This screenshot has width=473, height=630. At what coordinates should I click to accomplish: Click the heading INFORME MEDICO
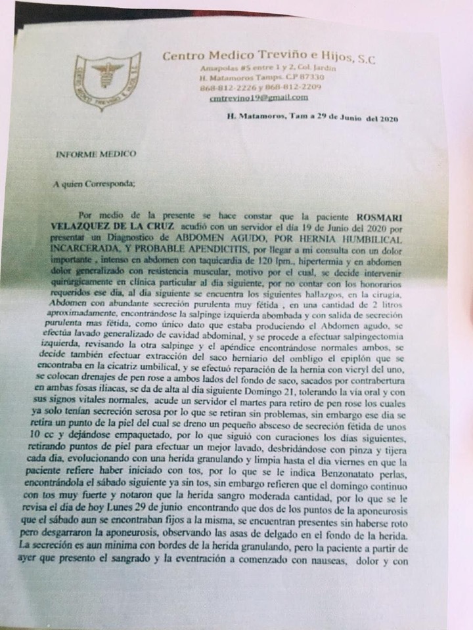click(96, 154)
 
